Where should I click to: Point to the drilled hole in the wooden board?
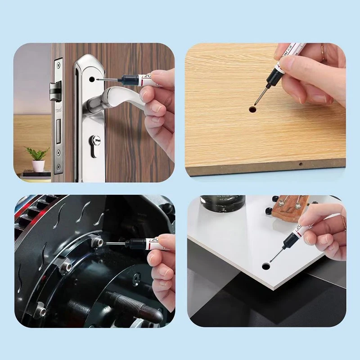coord(253,109)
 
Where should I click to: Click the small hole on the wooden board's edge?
coord(300,165)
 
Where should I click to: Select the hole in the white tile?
coord(265,266)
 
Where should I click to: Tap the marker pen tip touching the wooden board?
coord(255,104)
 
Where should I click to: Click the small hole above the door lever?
coord(93,78)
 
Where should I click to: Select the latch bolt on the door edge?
coord(55,90)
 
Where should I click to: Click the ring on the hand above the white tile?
coord(343,222)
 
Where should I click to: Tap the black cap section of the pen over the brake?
coord(135,243)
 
